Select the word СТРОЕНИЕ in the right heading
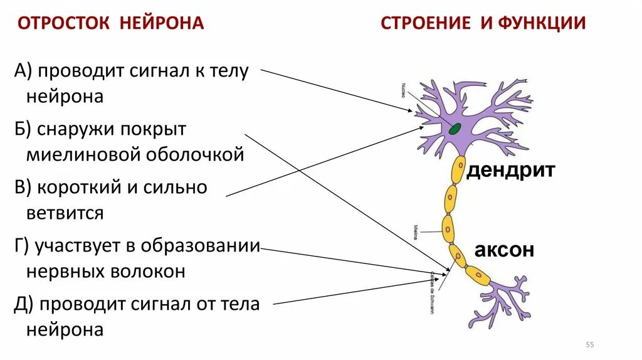426,24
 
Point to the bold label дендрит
511,171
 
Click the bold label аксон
504,250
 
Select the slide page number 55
589,344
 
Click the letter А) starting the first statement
23,71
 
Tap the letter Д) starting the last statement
23,304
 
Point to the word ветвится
65,213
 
